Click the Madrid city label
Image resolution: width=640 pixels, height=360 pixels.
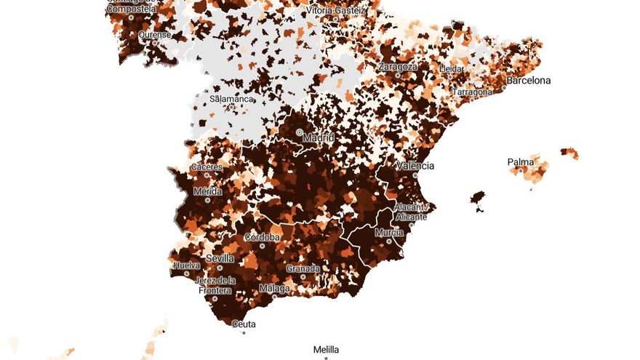(x=319, y=137)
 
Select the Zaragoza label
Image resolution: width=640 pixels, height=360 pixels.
(x=398, y=67)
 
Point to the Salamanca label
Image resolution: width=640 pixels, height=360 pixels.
(x=231, y=99)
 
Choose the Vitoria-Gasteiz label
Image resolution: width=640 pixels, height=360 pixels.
(x=337, y=12)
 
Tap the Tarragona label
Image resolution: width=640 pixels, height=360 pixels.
(x=473, y=93)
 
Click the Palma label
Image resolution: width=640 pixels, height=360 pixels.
(x=521, y=161)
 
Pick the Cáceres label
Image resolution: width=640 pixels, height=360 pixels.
(x=206, y=167)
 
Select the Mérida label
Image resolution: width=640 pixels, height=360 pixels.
(x=207, y=191)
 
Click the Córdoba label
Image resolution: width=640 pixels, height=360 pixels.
(x=263, y=237)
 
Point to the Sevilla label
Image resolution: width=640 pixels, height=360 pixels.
(x=220, y=258)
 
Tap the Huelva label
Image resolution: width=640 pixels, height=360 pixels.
(x=186, y=265)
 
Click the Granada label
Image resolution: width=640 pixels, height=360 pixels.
(x=303, y=268)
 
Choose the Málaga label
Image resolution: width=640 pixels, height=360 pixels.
(x=274, y=288)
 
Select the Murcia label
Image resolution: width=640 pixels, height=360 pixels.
(x=389, y=233)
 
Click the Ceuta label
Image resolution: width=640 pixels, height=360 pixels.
(x=244, y=324)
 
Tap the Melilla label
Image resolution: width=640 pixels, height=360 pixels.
(x=326, y=349)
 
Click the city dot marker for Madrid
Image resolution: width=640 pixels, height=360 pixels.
(x=300, y=132)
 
